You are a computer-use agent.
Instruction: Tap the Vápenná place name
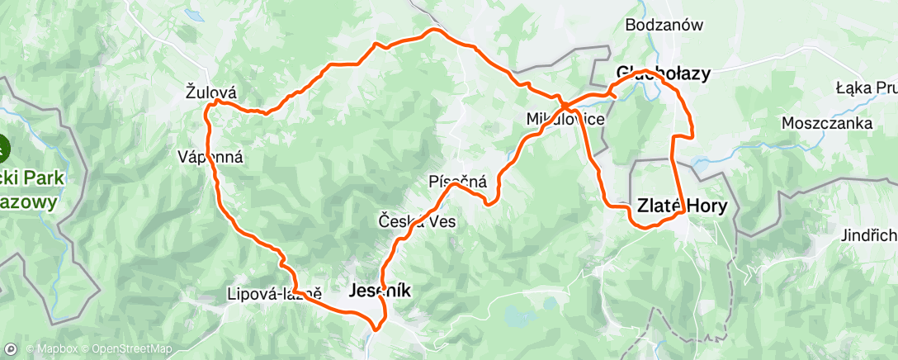point(211,157)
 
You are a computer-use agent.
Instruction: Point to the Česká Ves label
point(417,221)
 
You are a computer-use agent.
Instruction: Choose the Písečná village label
point(458,181)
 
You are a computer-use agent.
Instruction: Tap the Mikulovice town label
point(565,120)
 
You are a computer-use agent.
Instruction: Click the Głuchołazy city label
point(663,73)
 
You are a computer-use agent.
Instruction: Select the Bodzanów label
point(664,25)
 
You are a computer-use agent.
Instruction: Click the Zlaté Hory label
point(682,206)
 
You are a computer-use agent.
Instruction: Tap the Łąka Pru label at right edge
point(866,88)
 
